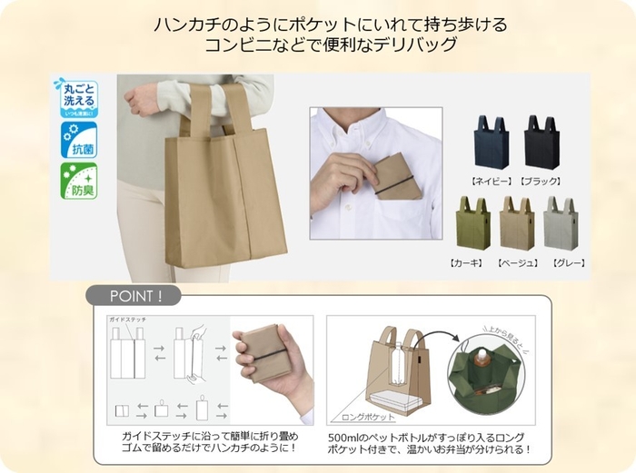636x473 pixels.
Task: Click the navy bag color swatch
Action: [x=492, y=143]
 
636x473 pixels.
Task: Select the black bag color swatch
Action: [x=542, y=143]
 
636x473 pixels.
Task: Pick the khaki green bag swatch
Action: [x=472, y=223]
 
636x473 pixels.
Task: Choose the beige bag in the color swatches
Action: [x=517, y=223]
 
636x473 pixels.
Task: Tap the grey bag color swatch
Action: [x=561, y=223]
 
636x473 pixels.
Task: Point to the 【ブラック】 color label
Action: [x=542, y=181]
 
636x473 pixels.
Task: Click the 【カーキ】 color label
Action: [x=467, y=262]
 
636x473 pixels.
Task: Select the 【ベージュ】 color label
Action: [x=516, y=262]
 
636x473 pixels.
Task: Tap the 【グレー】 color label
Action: [x=564, y=262]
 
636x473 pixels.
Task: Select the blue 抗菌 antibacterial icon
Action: [x=78, y=141]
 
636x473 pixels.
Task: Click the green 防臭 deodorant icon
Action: [x=78, y=182]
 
